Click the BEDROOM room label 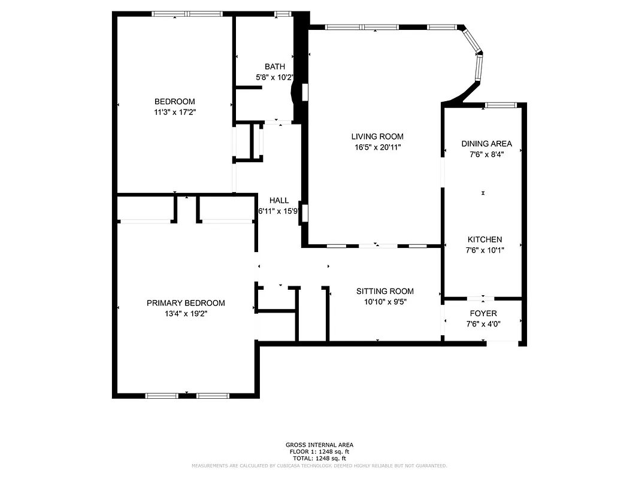[174, 102]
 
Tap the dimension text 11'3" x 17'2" [174, 112]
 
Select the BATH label [275, 66]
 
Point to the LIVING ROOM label [377, 137]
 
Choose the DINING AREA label [486, 144]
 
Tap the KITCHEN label [484, 239]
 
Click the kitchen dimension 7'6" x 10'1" [484, 250]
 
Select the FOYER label [483, 313]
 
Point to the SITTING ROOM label [384, 292]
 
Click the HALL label [279, 201]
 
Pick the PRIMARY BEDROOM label [186, 303]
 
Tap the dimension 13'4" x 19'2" [186, 313]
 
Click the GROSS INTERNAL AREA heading [319, 445]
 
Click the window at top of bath [283, 13]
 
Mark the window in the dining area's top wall [500, 105]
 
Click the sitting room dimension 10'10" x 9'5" [384, 302]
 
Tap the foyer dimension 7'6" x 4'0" [483, 324]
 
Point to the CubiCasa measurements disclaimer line [319, 465]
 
